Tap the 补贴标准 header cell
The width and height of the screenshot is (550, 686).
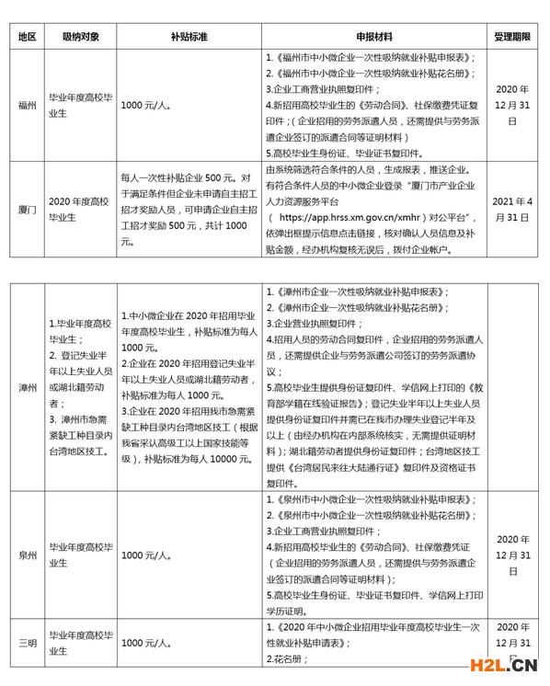pos(189,38)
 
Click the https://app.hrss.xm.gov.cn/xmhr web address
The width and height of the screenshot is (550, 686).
pos(337,218)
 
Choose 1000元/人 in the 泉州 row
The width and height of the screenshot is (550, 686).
pos(146,555)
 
